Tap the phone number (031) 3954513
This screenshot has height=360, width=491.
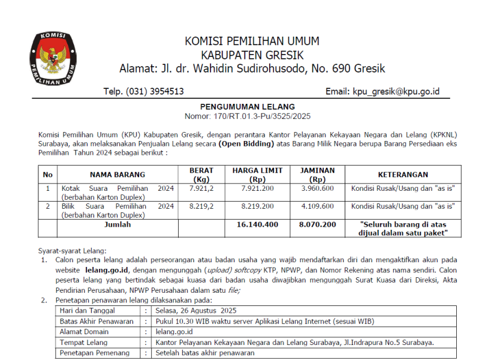coord(144,92)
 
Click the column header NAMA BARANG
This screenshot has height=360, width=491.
coord(118,175)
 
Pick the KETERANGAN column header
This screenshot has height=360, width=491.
coord(402,175)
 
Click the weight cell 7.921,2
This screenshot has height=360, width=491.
coord(201,188)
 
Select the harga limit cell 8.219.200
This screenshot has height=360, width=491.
coord(257,206)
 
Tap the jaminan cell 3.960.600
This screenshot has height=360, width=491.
coord(317,188)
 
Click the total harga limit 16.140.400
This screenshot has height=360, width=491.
coord(257,224)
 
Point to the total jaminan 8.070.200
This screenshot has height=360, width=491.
coord(317,224)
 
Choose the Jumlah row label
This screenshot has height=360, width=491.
coord(118,224)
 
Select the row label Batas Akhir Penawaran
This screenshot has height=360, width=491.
coord(97,321)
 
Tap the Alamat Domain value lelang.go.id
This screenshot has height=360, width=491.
coord(174,332)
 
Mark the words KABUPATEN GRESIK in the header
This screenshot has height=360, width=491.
coord(252,55)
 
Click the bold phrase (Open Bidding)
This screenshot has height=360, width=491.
coord(246,145)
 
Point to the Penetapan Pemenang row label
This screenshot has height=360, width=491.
coord(94,353)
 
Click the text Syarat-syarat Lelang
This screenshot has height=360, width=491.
coord(72,250)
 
